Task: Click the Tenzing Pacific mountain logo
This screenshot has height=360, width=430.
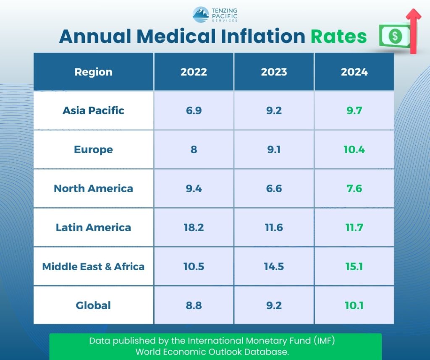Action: [x=201, y=14]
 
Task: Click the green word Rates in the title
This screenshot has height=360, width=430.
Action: [x=338, y=37]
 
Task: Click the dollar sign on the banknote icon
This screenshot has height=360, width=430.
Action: [x=395, y=37]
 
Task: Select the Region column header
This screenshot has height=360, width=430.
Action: [x=93, y=72]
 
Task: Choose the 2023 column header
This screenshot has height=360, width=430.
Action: [x=274, y=72]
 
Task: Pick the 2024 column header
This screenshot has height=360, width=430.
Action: [x=354, y=72]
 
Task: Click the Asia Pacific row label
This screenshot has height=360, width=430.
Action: [x=93, y=110]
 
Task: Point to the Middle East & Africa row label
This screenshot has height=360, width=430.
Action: [x=93, y=266]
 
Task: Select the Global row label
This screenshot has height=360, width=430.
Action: [x=93, y=305]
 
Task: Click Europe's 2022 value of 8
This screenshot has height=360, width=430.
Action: [x=194, y=149]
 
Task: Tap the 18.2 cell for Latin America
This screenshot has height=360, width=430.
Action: [x=194, y=227]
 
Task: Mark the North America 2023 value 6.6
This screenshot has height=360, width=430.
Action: [x=274, y=188]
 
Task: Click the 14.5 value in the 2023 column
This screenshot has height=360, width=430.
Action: [x=274, y=266]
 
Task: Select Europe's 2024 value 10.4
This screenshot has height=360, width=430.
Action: [x=354, y=149]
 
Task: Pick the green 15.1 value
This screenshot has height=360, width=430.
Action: [x=354, y=266]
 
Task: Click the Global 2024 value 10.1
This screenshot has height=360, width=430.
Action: [x=354, y=305]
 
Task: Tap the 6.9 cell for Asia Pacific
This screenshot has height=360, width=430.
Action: [x=194, y=110]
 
